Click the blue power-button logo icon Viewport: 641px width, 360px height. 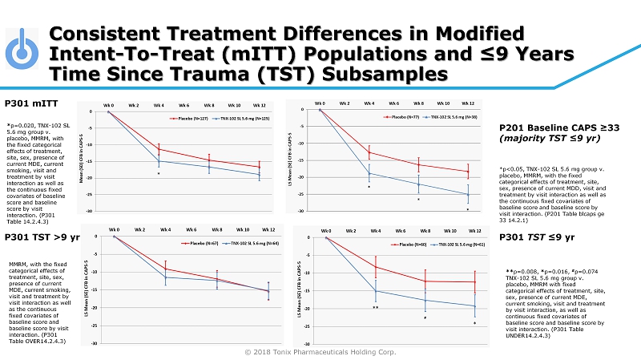[23, 51]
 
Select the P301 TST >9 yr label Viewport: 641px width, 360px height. [42, 238]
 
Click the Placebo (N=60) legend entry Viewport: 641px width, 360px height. [408, 242]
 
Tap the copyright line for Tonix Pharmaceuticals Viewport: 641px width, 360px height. [320, 351]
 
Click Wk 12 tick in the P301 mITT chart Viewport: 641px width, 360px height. [259, 105]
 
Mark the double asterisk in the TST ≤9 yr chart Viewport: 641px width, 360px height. [375, 307]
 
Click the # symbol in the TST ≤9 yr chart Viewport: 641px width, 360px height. [425, 318]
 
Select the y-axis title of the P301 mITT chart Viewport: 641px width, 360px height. [83, 160]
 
